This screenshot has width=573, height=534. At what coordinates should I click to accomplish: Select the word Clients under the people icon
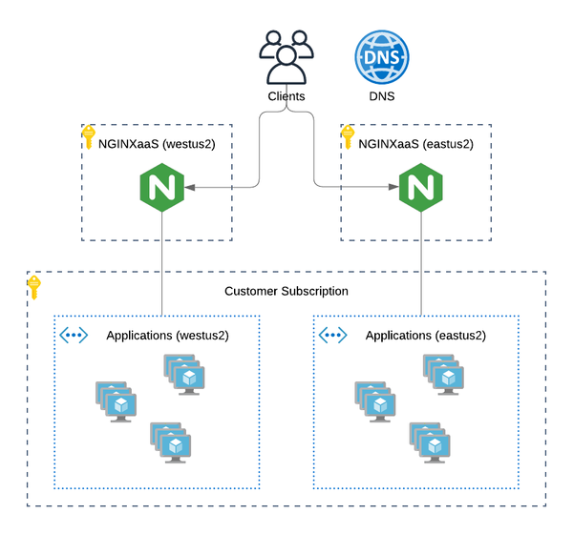(x=286, y=96)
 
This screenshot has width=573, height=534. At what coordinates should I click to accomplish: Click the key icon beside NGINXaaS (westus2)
(x=89, y=135)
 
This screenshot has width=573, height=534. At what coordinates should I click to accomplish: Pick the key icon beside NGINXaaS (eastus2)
(x=348, y=135)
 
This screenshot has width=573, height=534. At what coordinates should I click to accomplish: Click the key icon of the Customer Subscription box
(x=34, y=285)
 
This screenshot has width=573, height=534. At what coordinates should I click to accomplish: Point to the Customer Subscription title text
(x=286, y=291)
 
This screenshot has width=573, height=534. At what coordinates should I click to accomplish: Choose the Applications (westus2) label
(x=167, y=336)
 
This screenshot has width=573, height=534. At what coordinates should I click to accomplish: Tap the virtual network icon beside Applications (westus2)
(x=74, y=335)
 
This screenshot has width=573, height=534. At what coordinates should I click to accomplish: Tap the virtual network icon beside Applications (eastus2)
(x=332, y=335)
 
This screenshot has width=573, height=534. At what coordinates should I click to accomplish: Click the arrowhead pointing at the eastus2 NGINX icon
(x=392, y=188)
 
